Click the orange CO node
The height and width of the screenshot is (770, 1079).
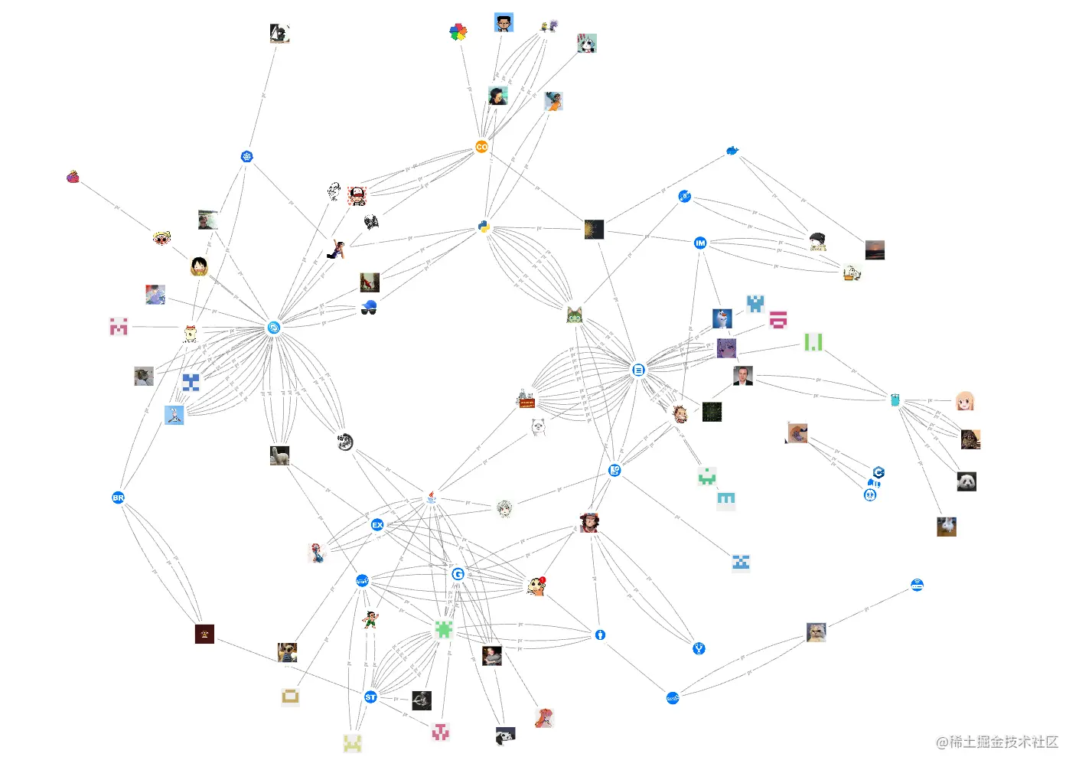click(481, 146)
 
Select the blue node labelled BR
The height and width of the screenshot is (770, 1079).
click(118, 498)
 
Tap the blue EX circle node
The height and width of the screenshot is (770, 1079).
click(377, 525)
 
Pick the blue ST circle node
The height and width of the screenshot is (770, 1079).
click(370, 697)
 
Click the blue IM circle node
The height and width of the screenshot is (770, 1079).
click(699, 243)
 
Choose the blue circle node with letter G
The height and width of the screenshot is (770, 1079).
click(458, 574)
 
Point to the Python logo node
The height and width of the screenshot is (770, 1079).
click(484, 227)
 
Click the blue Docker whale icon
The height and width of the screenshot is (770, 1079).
click(732, 151)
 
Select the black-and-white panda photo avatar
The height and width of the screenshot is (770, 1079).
click(967, 481)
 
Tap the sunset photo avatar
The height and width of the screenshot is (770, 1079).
click(875, 250)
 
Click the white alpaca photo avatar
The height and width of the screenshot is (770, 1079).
click(279, 455)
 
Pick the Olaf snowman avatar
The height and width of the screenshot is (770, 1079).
click(722, 318)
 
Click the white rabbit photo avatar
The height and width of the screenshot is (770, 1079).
click(947, 527)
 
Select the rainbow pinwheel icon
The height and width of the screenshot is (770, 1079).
click(458, 32)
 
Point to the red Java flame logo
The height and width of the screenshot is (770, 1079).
click(432, 498)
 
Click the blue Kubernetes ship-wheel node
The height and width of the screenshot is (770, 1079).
click(246, 157)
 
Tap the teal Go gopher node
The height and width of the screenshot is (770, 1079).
click(895, 400)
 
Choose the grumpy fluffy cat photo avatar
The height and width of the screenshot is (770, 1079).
click(816, 632)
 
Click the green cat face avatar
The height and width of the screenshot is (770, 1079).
click(575, 315)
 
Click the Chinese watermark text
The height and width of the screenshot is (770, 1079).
click(996, 742)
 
